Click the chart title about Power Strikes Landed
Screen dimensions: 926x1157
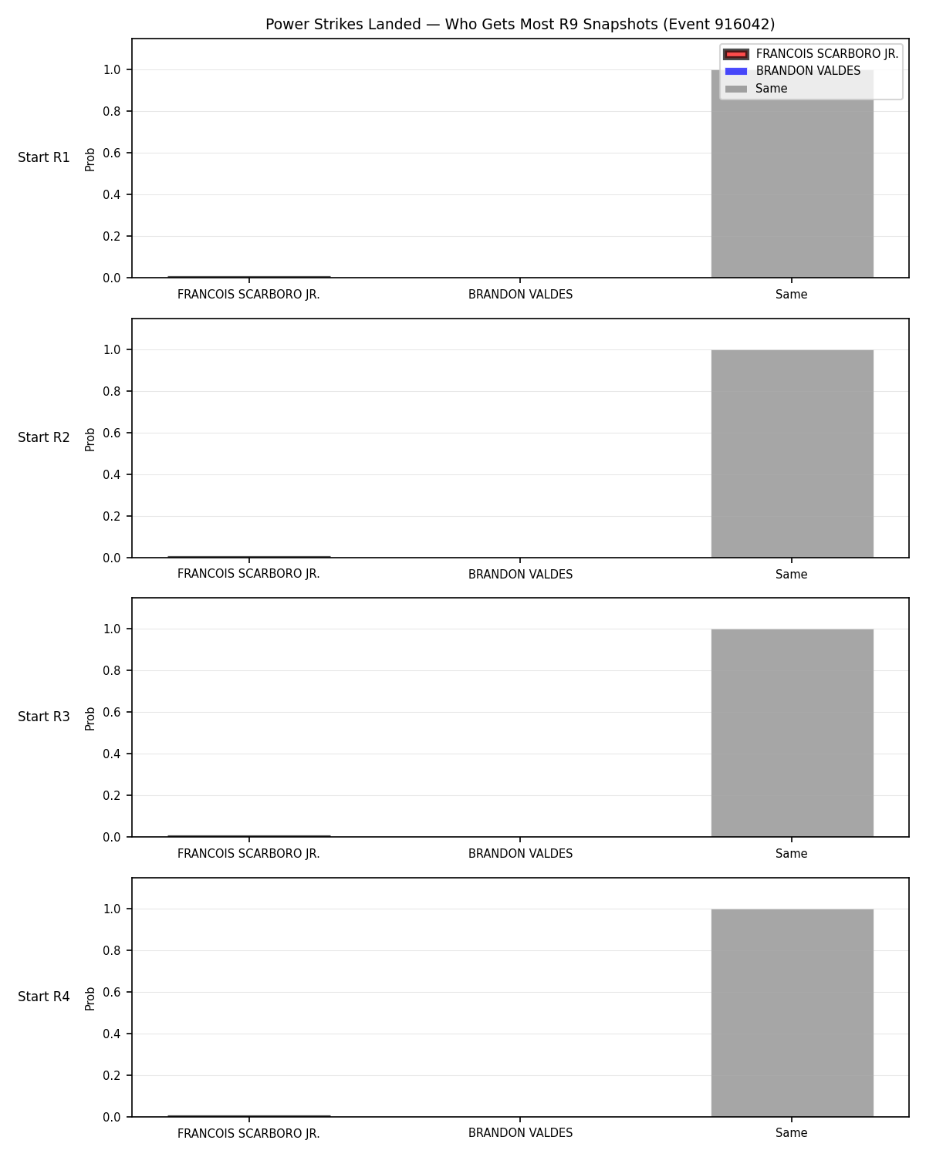click(520, 24)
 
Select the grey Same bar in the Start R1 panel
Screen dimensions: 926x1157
click(792, 174)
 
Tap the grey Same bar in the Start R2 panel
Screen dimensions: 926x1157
click(792, 454)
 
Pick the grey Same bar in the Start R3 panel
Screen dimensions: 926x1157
click(792, 733)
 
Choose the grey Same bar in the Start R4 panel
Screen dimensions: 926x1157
click(792, 1013)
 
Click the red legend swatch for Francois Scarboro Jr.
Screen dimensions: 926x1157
click(736, 54)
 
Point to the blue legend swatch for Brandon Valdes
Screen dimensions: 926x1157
click(736, 72)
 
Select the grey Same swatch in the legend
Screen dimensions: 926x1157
click(736, 89)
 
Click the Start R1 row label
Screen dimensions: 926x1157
click(43, 157)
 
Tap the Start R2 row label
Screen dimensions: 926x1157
click(43, 437)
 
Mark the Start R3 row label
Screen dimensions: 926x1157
click(43, 717)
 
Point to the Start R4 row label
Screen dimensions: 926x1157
click(43, 997)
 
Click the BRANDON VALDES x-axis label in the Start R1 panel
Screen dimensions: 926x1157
click(520, 295)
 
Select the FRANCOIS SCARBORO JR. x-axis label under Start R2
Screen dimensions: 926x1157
click(248, 574)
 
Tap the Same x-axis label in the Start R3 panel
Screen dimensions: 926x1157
click(792, 854)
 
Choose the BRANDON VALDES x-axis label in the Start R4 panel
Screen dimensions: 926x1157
click(520, 1133)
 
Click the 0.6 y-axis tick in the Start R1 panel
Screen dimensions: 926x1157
click(111, 153)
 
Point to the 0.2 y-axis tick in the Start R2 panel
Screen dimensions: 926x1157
click(111, 517)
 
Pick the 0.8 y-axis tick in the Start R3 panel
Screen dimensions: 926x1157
click(111, 671)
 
